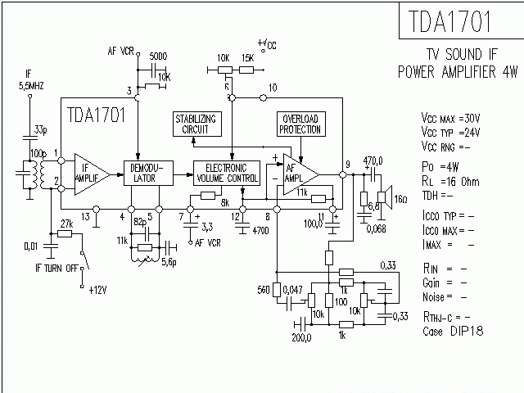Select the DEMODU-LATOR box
144,172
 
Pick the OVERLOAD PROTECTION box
300,124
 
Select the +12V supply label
98,290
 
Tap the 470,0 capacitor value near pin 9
373,161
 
